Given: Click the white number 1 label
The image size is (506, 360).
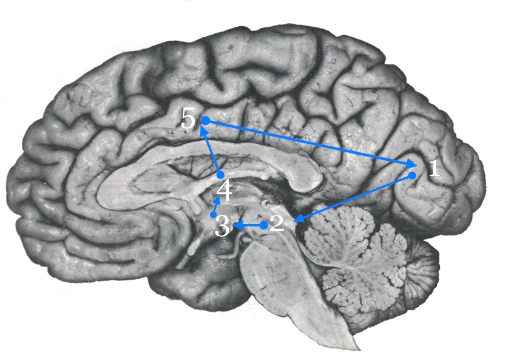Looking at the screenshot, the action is coord(434,168).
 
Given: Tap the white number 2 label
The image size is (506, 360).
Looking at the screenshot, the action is coord(277,223).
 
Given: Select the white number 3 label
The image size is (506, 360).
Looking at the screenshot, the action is coord(222,226).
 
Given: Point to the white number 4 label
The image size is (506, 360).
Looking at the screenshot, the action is coord(224,191).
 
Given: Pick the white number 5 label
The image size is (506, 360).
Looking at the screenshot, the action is coord(188,118).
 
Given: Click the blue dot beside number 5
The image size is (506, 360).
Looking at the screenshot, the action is coord(206,121).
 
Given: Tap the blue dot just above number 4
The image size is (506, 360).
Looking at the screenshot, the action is coord(220,175).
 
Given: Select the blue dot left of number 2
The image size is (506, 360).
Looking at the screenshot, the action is coord(264,225).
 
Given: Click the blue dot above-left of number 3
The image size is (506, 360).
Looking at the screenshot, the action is coord(213,215).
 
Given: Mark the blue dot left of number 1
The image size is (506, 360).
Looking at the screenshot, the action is coord(412,175).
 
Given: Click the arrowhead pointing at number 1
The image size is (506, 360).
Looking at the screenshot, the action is coord(411,164).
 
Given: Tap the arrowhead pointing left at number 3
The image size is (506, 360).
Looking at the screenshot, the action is coord(237,225).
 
